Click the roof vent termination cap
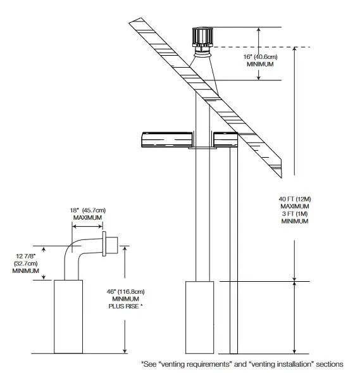[203, 39]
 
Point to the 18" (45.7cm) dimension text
[87, 211]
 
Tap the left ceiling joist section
[165, 139]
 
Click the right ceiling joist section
[225, 139]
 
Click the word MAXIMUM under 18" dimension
[87, 218]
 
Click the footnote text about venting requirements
[241, 364]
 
